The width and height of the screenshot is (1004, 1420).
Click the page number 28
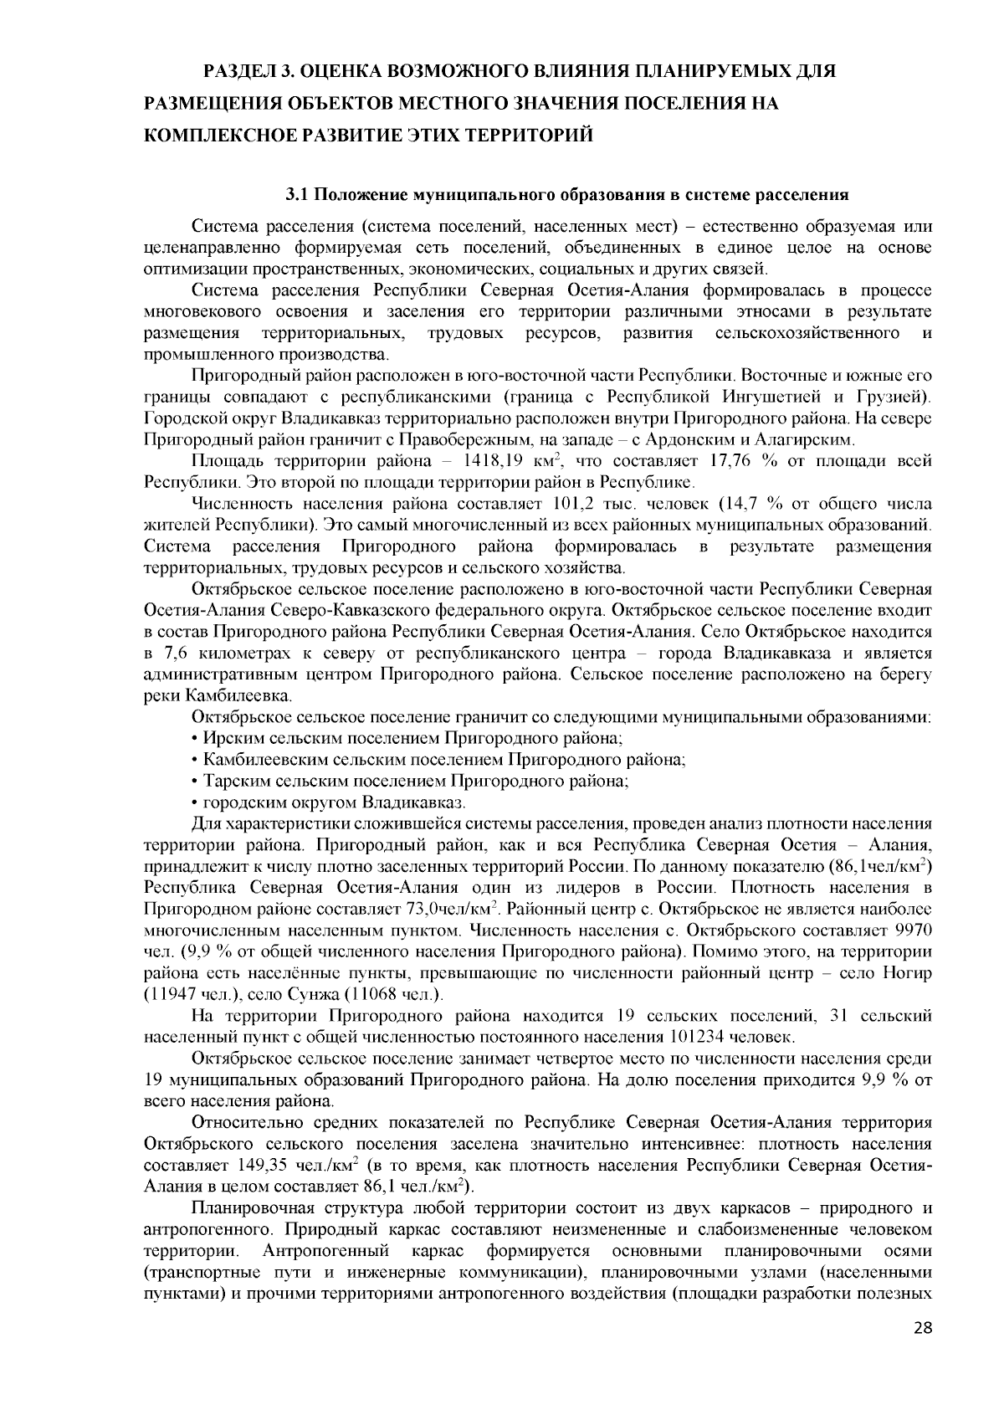pyautogui.click(x=922, y=1351)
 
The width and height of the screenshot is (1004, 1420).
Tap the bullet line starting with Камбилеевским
pyautogui.click(x=439, y=760)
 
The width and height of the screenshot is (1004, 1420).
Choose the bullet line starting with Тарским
pyautogui.click(x=411, y=782)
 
